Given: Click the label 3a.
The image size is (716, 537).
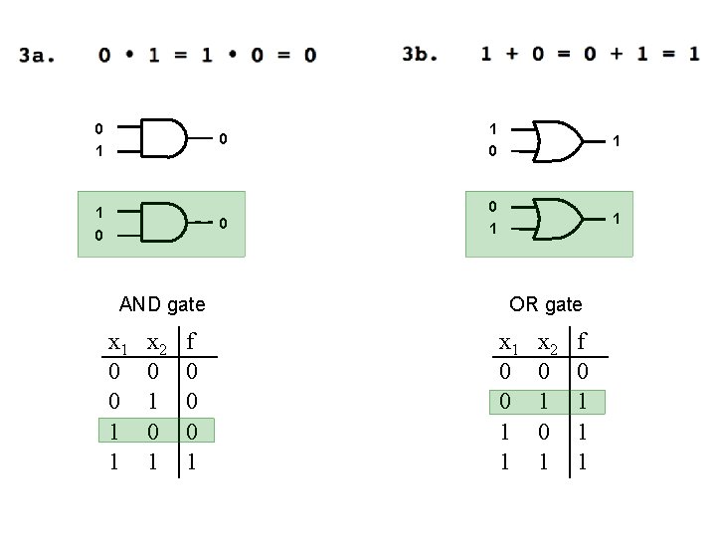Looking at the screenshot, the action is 36,55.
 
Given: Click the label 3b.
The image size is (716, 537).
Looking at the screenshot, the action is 420,54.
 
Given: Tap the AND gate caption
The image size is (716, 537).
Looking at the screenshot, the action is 162,304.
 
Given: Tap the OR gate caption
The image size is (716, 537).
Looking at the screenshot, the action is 546,304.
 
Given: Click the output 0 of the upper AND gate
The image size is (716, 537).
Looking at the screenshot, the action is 224,138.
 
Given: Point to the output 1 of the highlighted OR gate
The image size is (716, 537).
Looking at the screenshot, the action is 618,217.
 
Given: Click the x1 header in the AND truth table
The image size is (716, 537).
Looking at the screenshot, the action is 117,344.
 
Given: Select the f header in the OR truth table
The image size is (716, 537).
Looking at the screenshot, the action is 584,343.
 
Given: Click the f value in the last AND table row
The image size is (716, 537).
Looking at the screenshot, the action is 194,461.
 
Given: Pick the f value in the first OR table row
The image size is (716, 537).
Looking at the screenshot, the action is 584,372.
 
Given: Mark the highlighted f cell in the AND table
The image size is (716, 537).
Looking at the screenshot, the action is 194,432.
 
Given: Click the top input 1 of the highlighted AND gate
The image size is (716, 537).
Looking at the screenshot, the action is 98,212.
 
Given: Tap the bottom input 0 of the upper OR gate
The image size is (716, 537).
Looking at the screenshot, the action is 492,152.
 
